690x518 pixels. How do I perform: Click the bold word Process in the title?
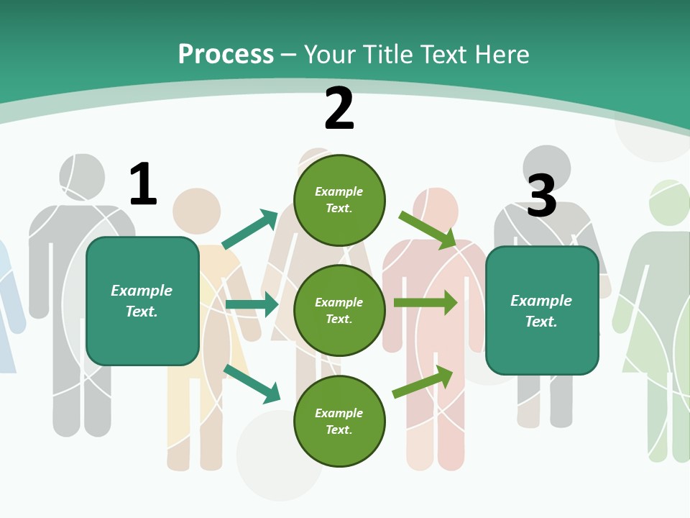click(x=226, y=55)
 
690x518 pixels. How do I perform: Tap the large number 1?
click(x=143, y=184)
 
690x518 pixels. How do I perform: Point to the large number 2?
click(x=339, y=109)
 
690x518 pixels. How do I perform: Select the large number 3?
click(x=542, y=195)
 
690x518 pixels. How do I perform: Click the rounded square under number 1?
click(x=142, y=301)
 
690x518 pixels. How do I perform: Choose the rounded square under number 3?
click(x=542, y=311)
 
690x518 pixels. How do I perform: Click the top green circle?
click(x=339, y=200)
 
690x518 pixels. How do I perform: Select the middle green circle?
click(x=339, y=311)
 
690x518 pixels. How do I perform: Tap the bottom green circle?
click(x=339, y=422)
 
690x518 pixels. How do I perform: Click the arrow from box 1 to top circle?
click(x=250, y=230)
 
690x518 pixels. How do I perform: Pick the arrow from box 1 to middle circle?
click(x=252, y=304)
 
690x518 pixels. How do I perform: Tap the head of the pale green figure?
click(x=670, y=202)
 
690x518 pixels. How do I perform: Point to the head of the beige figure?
click(x=196, y=211)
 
